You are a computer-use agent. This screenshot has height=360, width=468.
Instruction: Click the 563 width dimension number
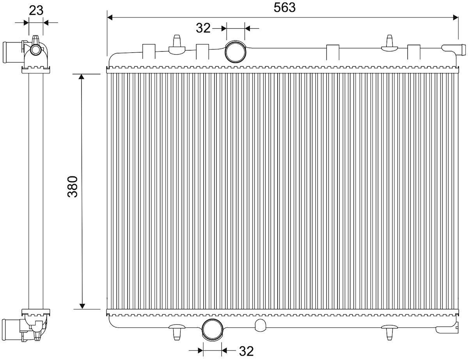tap(284, 8)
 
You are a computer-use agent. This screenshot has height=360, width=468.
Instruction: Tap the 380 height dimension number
tap(73, 186)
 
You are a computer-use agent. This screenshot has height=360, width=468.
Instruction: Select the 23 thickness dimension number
tap(36, 10)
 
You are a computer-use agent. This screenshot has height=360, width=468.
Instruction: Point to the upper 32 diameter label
tap(203, 28)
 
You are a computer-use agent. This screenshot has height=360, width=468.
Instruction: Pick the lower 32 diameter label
tap(246, 351)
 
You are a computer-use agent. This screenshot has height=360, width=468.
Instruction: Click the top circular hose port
tap(236, 51)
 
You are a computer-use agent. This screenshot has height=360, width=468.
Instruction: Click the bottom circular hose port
tap(213, 330)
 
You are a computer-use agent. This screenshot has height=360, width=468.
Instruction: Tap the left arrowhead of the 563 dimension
tap(110, 18)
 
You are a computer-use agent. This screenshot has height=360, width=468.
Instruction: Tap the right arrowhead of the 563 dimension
tap(456, 18)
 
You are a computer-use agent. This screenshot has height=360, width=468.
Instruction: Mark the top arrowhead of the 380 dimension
tap(82, 77)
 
